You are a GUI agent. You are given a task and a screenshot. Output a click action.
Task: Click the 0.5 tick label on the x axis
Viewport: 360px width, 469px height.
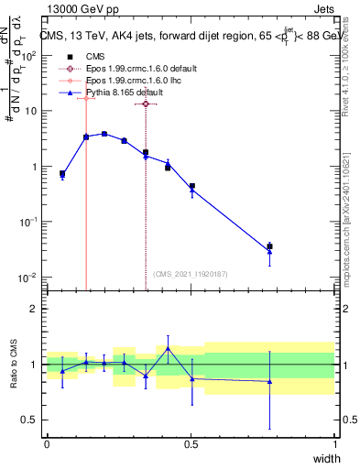191,444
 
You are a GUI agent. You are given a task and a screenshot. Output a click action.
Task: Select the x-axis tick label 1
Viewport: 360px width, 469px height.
335,444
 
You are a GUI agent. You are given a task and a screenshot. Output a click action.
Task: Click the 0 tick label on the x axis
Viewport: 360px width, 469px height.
47,444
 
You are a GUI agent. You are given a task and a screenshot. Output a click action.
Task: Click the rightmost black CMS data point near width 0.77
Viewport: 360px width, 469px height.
269,246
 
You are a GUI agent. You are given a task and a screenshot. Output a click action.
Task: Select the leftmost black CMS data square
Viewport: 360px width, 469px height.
62,173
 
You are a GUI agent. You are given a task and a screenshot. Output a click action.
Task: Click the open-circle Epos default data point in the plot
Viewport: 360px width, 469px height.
146,104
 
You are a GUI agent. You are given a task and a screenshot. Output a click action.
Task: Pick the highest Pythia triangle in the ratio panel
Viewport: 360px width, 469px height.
168,348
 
